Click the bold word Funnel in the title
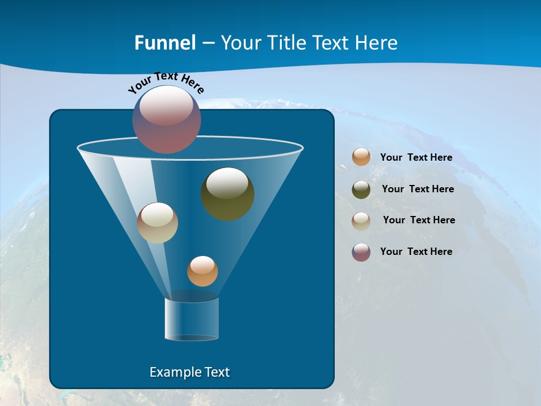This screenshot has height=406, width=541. click(x=165, y=43)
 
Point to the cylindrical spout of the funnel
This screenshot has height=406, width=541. click(x=191, y=319)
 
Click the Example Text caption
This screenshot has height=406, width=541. click(x=190, y=372)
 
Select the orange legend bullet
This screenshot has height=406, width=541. click(x=361, y=157)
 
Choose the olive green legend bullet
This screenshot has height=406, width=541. click(x=361, y=189)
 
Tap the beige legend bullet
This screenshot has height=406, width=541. click(x=361, y=221)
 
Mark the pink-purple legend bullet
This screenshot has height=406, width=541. click(x=361, y=252)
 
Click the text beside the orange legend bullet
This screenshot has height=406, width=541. click(x=416, y=157)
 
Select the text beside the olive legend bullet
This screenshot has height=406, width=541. click(x=418, y=189)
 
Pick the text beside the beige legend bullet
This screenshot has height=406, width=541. click(x=419, y=220)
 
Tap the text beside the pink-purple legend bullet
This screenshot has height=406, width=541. click(x=416, y=251)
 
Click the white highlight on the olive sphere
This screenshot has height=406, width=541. click(x=227, y=183)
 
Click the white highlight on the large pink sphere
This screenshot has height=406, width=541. click(x=166, y=107)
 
